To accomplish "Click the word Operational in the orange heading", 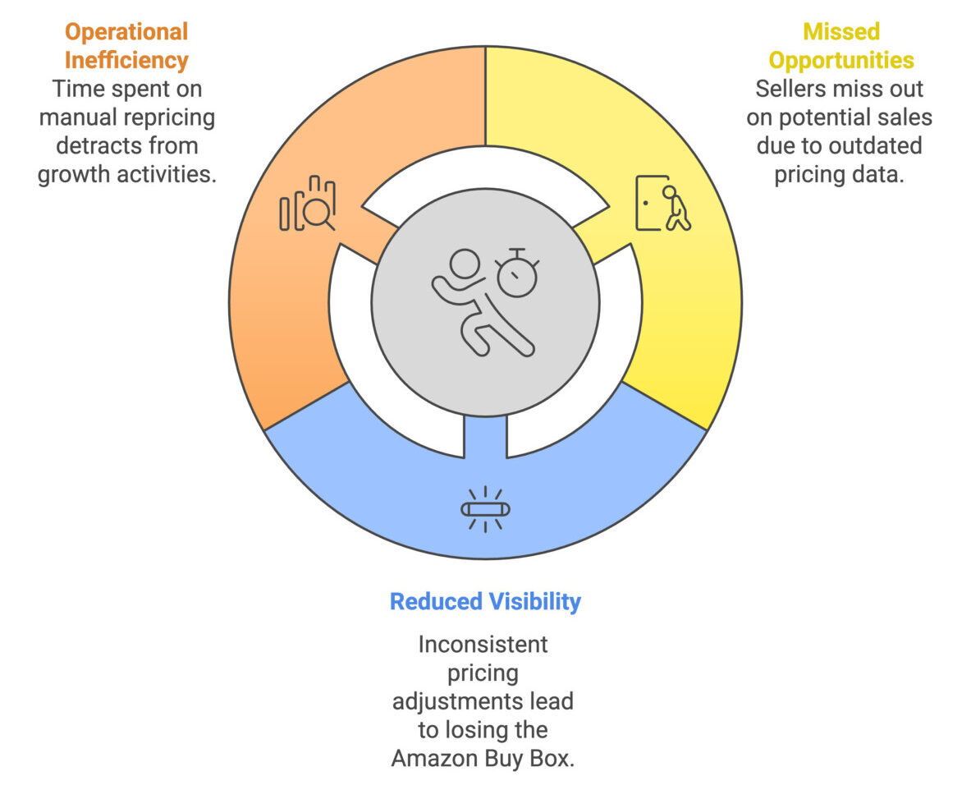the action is coord(126,32).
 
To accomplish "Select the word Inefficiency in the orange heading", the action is coord(126,61).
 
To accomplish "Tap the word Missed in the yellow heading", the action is coord(841,31).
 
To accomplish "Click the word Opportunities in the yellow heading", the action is coord(841,61).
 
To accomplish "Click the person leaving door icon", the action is coord(663,203).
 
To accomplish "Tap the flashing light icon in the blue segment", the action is coord(486,509).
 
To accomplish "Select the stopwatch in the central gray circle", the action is coord(517,272).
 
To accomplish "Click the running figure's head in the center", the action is coord(465,264).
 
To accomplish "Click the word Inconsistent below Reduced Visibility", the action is coord(483,645).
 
